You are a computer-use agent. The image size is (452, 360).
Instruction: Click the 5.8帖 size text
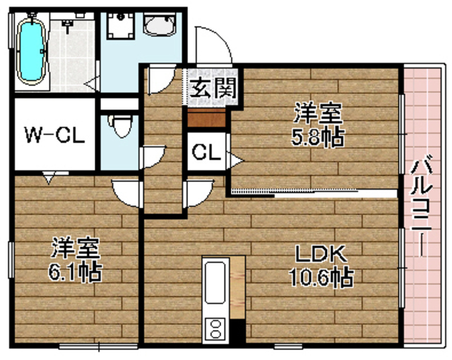point(319,136)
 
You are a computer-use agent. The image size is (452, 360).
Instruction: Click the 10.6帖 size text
point(319,277)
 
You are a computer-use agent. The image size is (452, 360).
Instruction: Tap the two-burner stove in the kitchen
point(215,326)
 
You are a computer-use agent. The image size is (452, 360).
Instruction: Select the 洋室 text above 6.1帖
point(75,248)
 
